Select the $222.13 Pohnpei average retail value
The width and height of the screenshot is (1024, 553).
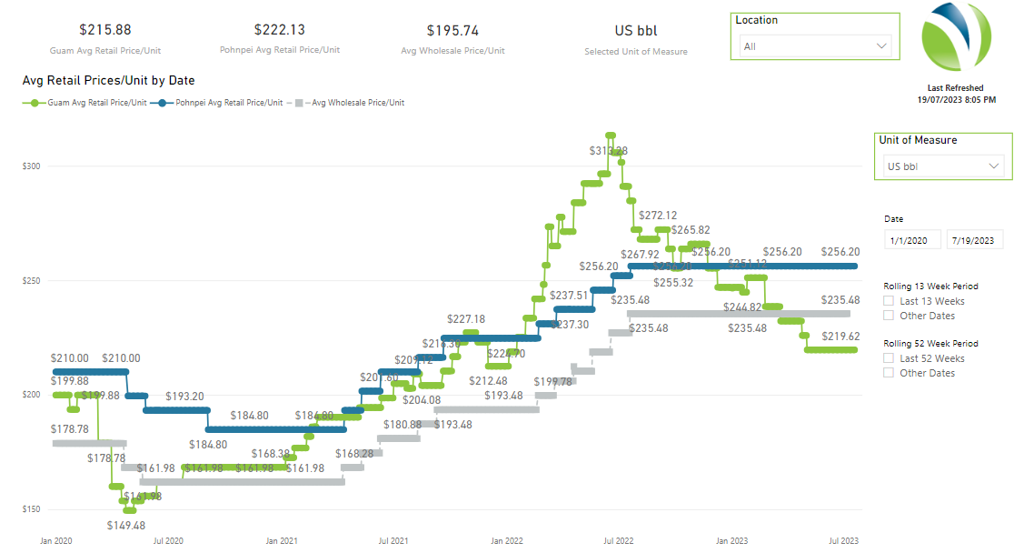coord(280,31)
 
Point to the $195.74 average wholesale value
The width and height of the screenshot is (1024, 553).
coord(452,31)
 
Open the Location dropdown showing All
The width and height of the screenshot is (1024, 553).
coord(815,45)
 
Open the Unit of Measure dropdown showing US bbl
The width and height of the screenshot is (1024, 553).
coord(943,166)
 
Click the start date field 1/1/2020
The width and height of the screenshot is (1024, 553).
coord(912,240)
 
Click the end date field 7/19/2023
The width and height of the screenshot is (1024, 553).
coord(974,240)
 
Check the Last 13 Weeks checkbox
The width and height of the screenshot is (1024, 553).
coord(890,301)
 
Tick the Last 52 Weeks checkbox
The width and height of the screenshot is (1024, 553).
coord(890,358)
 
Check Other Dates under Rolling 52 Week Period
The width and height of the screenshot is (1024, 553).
coord(890,373)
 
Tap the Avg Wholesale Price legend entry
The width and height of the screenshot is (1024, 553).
coord(351,103)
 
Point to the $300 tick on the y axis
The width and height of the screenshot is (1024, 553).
coord(33,166)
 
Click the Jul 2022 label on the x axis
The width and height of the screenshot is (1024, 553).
coord(620,540)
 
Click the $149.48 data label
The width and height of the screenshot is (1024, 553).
coord(126,526)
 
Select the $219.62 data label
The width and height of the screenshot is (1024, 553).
coord(840,336)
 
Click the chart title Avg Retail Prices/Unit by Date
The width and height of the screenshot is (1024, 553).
coord(108,81)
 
